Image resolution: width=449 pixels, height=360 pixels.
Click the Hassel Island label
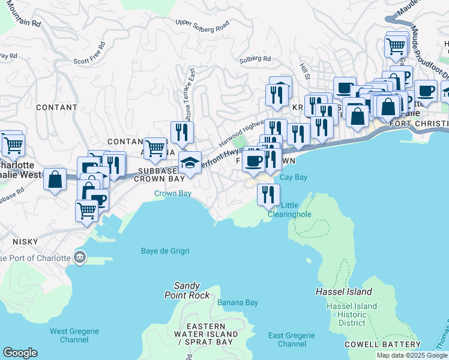click(x=344, y=292)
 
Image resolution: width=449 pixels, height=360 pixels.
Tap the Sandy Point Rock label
click(x=187, y=290)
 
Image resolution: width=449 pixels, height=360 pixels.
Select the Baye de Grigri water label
click(x=165, y=251)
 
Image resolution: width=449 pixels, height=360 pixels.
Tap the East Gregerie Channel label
click(x=292, y=340)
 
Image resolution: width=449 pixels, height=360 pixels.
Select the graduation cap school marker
click(x=190, y=163)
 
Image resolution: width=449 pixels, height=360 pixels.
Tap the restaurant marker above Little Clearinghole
click(x=268, y=194)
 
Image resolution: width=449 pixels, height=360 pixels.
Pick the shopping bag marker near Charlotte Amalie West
click(x=55, y=179)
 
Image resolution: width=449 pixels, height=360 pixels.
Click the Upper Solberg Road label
click(x=202, y=25)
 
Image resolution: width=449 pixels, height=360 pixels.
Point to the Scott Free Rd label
click(x=89, y=53)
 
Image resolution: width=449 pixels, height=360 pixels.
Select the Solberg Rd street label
click(x=255, y=59)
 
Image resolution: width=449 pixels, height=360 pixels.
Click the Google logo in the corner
click(x=20, y=353)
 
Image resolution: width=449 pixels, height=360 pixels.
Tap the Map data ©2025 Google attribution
click(x=411, y=355)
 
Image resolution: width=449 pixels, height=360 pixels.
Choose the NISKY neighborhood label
click(x=25, y=241)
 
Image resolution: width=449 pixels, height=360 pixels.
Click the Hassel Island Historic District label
click(x=352, y=314)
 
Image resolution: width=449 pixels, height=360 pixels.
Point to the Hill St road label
click(x=305, y=73)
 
